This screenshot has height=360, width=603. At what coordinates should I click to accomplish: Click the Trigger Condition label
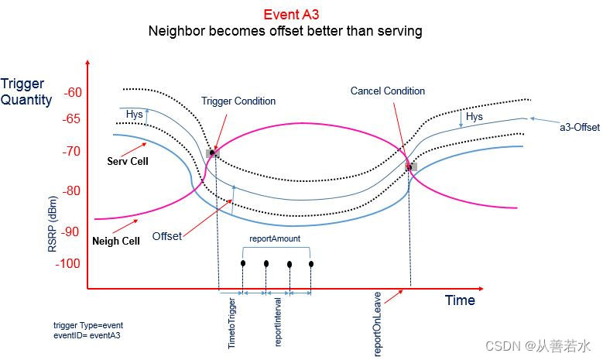[x=238, y=101]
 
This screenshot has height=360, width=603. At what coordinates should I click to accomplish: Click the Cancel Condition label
[x=388, y=91]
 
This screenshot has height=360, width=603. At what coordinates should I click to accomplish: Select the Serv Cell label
[x=128, y=162]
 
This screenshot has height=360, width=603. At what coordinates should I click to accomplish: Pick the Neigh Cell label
[x=116, y=241]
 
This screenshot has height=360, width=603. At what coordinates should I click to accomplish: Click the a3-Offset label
[x=575, y=126]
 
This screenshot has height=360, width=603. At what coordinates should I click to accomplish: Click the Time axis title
[x=460, y=300]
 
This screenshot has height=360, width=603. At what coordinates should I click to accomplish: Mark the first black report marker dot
[x=243, y=263]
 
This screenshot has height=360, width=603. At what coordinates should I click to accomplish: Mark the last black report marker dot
[x=311, y=264]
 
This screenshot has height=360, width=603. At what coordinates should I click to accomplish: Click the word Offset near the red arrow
[x=166, y=236]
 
